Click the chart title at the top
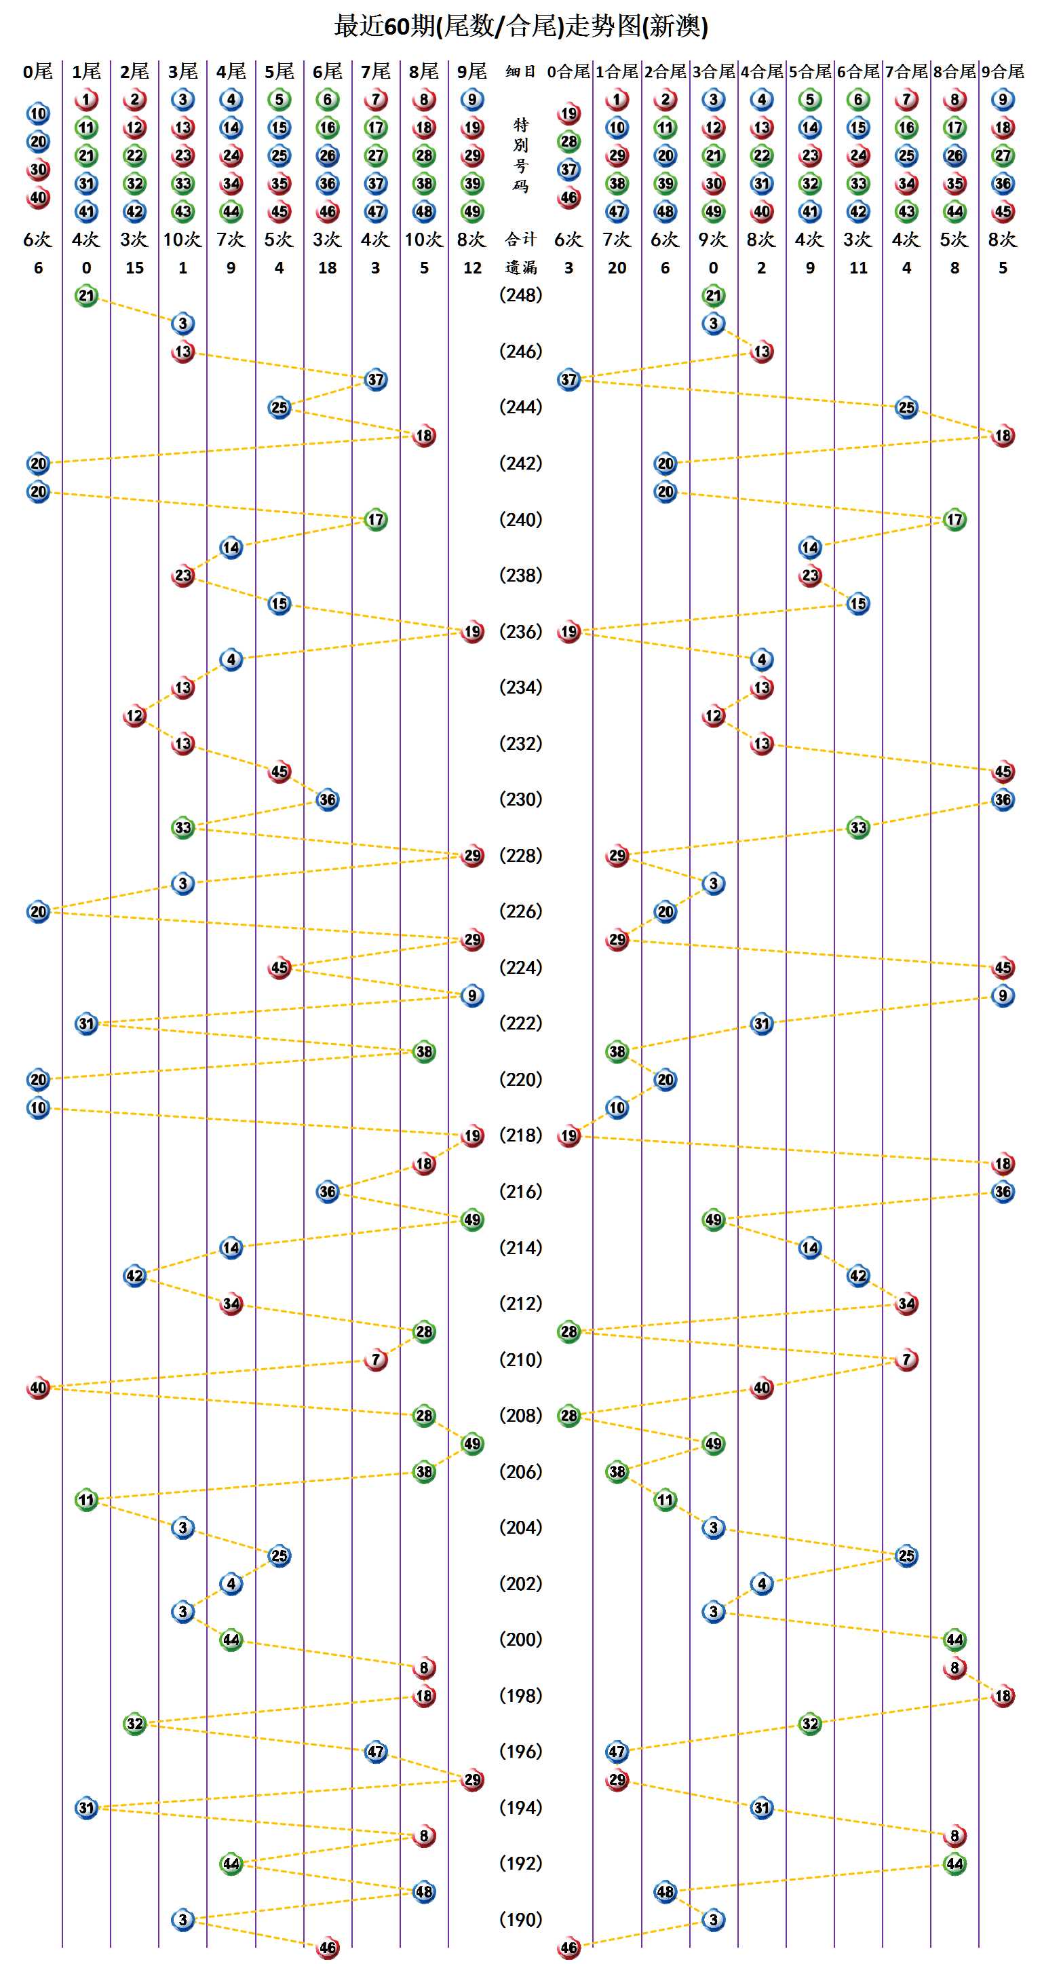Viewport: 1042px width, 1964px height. pos(520,26)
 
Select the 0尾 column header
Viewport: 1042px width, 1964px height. pos(38,72)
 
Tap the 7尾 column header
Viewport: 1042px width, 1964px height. pos(376,72)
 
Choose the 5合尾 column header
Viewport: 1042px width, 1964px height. pos(809,72)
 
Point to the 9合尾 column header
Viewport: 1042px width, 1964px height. pos(1003,72)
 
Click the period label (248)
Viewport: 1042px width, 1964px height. pos(520,295)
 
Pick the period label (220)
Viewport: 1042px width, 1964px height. pos(520,1080)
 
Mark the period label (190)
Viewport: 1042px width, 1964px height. pos(520,1920)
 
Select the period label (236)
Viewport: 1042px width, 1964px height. pos(520,631)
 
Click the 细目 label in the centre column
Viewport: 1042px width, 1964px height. pos(520,72)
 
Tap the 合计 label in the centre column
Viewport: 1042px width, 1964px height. pos(520,240)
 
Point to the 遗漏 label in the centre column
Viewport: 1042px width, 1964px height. pos(520,267)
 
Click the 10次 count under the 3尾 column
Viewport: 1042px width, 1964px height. pos(183,240)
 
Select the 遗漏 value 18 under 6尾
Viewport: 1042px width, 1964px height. pos(328,267)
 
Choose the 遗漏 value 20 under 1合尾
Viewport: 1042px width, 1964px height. pos(617,267)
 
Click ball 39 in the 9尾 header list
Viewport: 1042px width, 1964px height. pos(473,184)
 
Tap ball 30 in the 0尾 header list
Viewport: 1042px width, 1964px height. pos(38,169)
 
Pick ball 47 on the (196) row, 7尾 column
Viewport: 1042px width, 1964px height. pos(376,1752)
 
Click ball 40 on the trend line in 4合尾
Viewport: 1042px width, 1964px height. pos(762,1388)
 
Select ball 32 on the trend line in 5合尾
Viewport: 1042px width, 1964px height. pos(809,1723)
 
